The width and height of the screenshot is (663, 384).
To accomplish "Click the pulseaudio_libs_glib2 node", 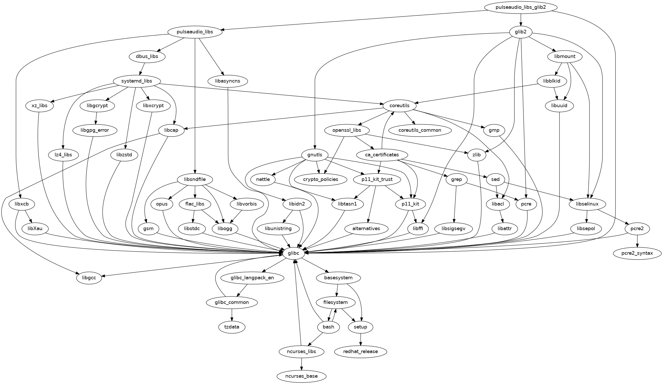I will (x=521, y=7).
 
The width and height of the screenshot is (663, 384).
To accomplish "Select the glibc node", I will (x=294, y=253).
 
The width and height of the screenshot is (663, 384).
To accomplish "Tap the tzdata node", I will (x=232, y=327).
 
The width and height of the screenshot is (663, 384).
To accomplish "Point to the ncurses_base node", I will (x=301, y=376).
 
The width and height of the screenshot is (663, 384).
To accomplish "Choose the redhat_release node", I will (x=360, y=352).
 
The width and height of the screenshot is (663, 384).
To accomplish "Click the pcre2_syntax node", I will (x=637, y=253).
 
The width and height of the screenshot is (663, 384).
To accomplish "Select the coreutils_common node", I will (x=420, y=130).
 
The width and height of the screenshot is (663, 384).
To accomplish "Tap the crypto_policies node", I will (x=320, y=180).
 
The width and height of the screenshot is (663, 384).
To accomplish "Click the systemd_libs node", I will (x=137, y=81).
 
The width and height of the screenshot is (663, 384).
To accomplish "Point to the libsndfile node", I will (x=195, y=180).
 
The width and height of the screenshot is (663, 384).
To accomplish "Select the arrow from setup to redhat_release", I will (x=360, y=339).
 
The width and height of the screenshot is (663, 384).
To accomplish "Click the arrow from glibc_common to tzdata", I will (x=232, y=315).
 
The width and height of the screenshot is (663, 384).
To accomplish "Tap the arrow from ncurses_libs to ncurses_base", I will (x=301, y=364).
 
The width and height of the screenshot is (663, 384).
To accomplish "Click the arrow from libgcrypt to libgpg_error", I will (x=96, y=118).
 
